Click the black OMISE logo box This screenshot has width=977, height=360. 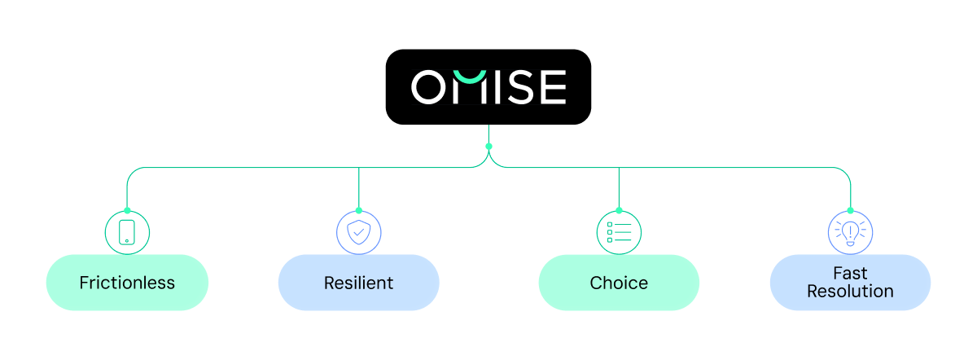(x=488, y=86)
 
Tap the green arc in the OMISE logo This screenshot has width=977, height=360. (x=470, y=77)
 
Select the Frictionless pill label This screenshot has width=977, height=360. (x=127, y=283)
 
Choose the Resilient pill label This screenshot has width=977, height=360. (x=358, y=283)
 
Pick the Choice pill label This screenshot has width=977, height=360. (x=619, y=283)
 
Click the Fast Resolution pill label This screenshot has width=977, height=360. (x=850, y=283)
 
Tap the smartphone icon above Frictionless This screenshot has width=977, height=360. (x=127, y=233)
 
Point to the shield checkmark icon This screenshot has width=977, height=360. (x=358, y=233)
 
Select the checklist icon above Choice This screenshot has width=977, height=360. (x=619, y=233)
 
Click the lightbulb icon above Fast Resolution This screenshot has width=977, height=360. (x=850, y=233)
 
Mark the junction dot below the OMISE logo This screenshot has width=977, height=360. (x=488, y=147)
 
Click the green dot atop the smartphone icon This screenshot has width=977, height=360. (x=127, y=211)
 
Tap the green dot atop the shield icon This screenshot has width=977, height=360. (x=358, y=211)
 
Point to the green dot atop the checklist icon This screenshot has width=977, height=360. (x=619, y=211)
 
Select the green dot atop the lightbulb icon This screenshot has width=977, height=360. (x=850, y=211)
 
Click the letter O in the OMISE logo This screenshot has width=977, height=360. (x=428, y=87)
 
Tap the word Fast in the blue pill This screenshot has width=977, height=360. (x=850, y=274)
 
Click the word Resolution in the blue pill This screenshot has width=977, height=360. (x=850, y=292)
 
